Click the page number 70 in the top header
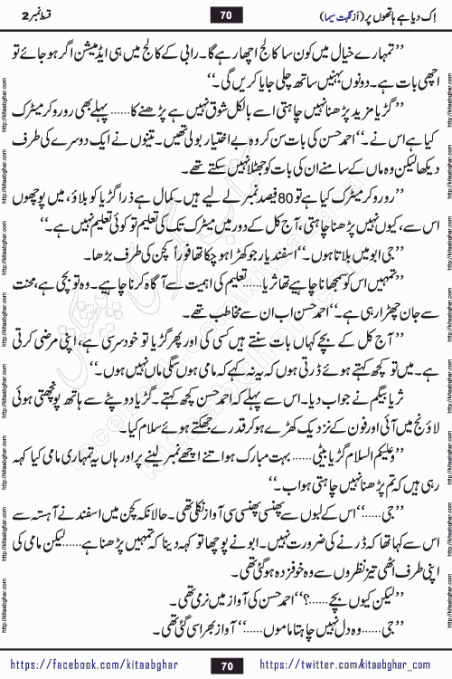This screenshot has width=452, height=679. click(x=227, y=15)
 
